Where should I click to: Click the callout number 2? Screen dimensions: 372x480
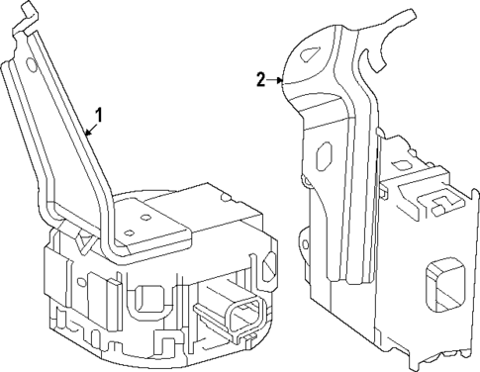(261, 79)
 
